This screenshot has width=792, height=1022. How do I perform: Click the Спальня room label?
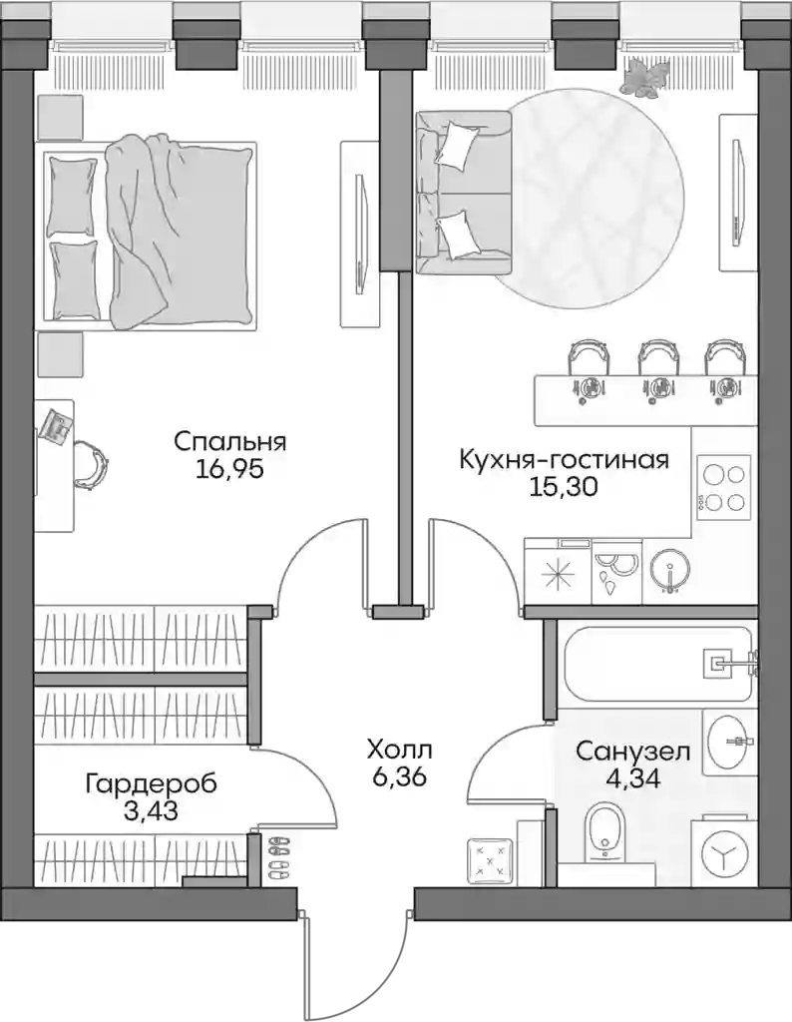tap(229, 442)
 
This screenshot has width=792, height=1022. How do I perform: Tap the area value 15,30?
tap(564, 487)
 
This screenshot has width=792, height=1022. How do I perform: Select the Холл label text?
tap(399, 751)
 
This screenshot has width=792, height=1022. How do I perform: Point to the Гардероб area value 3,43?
tap(151, 812)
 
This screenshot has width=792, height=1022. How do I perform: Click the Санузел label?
tap(632, 752)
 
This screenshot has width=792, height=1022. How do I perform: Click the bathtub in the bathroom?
tap(656, 664)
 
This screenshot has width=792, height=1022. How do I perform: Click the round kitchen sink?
tap(670, 568)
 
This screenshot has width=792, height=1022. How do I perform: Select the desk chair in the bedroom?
tap(91, 463)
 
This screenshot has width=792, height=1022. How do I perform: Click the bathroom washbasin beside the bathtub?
tap(729, 743)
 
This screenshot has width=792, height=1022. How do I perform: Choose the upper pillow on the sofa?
tap(457, 142)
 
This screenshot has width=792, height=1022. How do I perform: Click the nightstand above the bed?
tap(60, 117)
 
